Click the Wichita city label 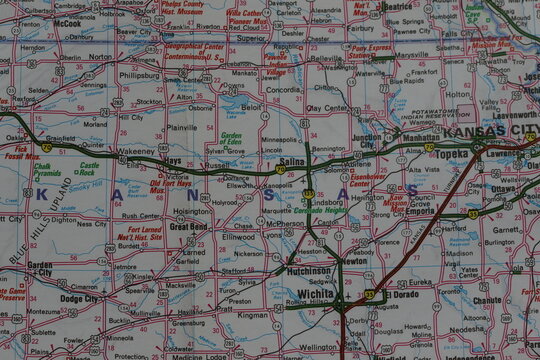(x=316, y=293)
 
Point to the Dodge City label (x=80, y=298)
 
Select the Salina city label (x=292, y=161)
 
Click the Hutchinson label (x=308, y=271)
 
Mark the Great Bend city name (x=187, y=227)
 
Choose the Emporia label (x=419, y=212)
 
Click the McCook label (x=68, y=22)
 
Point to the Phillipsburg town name (x=140, y=75)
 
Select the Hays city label (x=173, y=160)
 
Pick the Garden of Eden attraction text (x=231, y=140)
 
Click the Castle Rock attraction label (x=89, y=168)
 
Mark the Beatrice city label (x=397, y=6)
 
